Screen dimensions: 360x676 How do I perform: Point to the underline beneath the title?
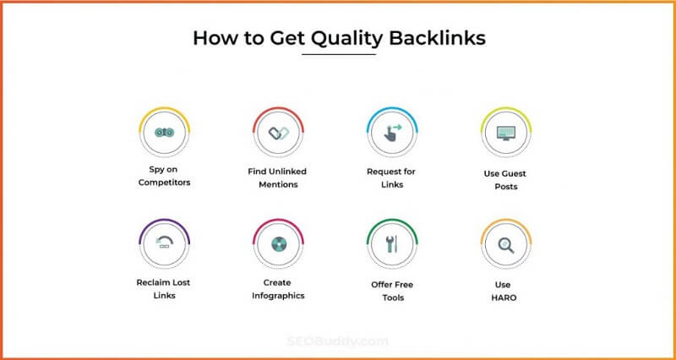pyautogui.click(x=338, y=55)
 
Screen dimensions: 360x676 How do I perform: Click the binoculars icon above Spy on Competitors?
pyautogui.click(x=165, y=133)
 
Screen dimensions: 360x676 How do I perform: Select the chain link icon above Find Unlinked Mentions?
pyautogui.click(x=278, y=133)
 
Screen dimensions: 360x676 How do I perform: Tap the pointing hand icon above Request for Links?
pyautogui.click(x=391, y=133)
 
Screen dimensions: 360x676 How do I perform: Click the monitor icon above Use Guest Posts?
pyautogui.click(x=506, y=133)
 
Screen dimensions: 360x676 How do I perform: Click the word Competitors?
pyautogui.click(x=165, y=183)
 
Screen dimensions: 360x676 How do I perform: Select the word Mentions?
pyautogui.click(x=278, y=184)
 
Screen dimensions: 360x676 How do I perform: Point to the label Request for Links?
pyautogui.click(x=391, y=177)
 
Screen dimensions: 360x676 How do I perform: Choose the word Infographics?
pyautogui.click(x=278, y=296)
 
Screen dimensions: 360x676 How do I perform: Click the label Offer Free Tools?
pyautogui.click(x=391, y=291)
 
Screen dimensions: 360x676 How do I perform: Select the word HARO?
pyautogui.click(x=506, y=297)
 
